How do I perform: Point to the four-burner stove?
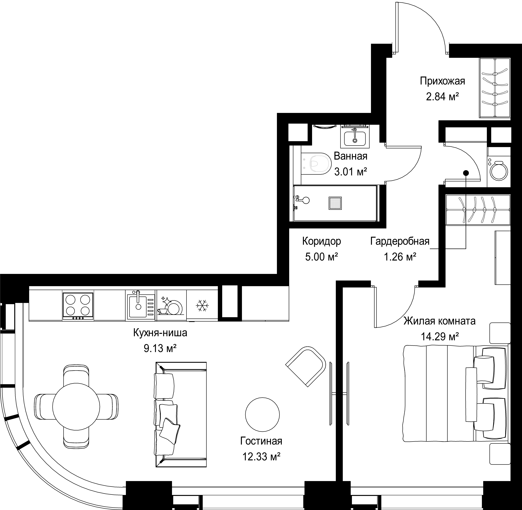coord(78,306)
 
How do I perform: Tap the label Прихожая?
coord(442,81)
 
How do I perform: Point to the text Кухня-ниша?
coord(160,333)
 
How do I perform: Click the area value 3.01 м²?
coord(350,172)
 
